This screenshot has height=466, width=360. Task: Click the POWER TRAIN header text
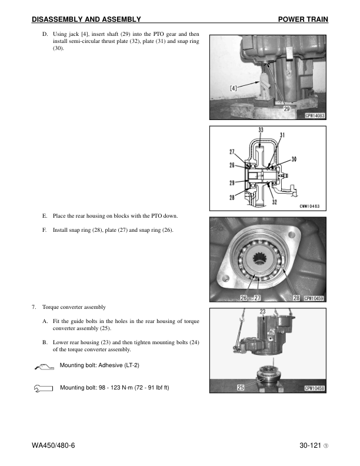pos(303,19)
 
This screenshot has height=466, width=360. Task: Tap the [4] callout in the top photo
pos(235,89)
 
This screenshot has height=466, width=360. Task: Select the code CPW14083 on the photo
pos(315,116)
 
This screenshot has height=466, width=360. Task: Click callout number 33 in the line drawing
pos(261,131)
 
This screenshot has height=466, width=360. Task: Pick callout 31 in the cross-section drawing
pos(283,135)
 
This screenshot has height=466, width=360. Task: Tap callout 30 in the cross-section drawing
pos(294,159)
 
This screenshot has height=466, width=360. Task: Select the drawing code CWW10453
pos(313,205)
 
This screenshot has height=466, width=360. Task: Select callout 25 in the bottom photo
pos(241,388)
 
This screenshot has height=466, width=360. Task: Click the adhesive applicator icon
pos(44,367)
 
